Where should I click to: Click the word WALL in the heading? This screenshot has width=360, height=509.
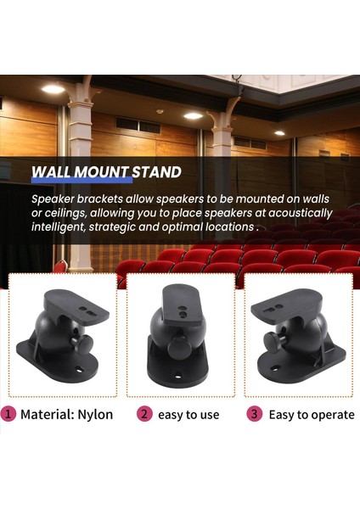pos(53,173)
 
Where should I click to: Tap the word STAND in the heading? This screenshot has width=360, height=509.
pos(156,173)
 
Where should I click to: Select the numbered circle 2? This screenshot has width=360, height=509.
pos(144,415)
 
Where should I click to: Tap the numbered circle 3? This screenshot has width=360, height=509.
pos(254,415)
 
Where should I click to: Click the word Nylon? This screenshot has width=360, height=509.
pos(95,415)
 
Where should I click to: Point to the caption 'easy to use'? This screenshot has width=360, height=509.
pos(188,415)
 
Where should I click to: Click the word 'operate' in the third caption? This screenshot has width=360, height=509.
pos(331,415)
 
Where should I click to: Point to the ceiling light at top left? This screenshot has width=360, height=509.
pos(53,89)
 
